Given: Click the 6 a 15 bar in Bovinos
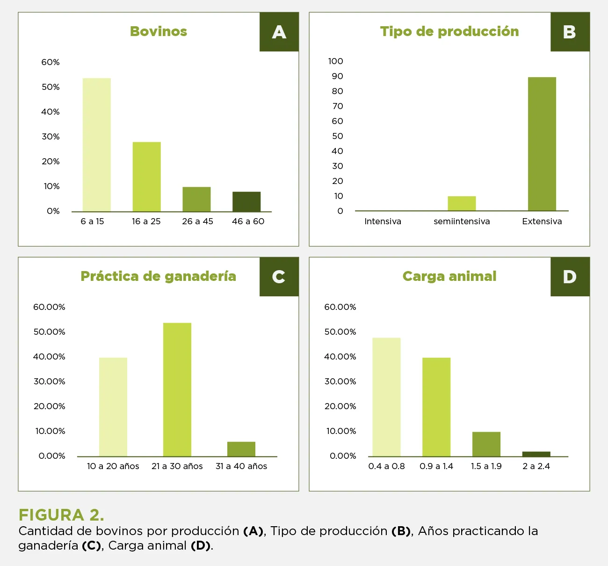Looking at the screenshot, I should (x=97, y=145).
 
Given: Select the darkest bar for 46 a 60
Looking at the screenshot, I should (x=246, y=202).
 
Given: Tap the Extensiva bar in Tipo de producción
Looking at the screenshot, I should (x=542, y=144).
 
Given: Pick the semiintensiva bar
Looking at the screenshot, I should (x=462, y=204).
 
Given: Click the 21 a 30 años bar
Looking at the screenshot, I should (x=177, y=390).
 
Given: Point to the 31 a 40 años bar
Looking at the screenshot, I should (x=241, y=449).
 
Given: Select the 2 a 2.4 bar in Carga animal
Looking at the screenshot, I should (x=536, y=454).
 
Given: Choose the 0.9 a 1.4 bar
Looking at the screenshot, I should (x=436, y=407).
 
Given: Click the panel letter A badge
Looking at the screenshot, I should (x=279, y=32).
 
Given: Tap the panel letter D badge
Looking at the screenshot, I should (x=570, y=277).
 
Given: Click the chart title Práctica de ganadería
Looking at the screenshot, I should (x=158, y=276).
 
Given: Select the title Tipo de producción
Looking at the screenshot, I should (x=449, y=31).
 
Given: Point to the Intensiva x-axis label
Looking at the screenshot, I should (x=383, y=221).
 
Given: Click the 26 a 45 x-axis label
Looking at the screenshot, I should (x=197, y=221).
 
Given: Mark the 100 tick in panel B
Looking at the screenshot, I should (x=335, y=61).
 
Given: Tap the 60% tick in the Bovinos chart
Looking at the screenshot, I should (x=51, y=62).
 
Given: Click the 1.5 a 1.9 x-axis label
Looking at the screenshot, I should (x=486, y=466).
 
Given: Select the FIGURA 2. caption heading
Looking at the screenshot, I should (x=61, y=515).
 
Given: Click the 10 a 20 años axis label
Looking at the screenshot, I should (x=113, y=466).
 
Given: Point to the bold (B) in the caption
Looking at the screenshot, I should (x=401, y=531).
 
